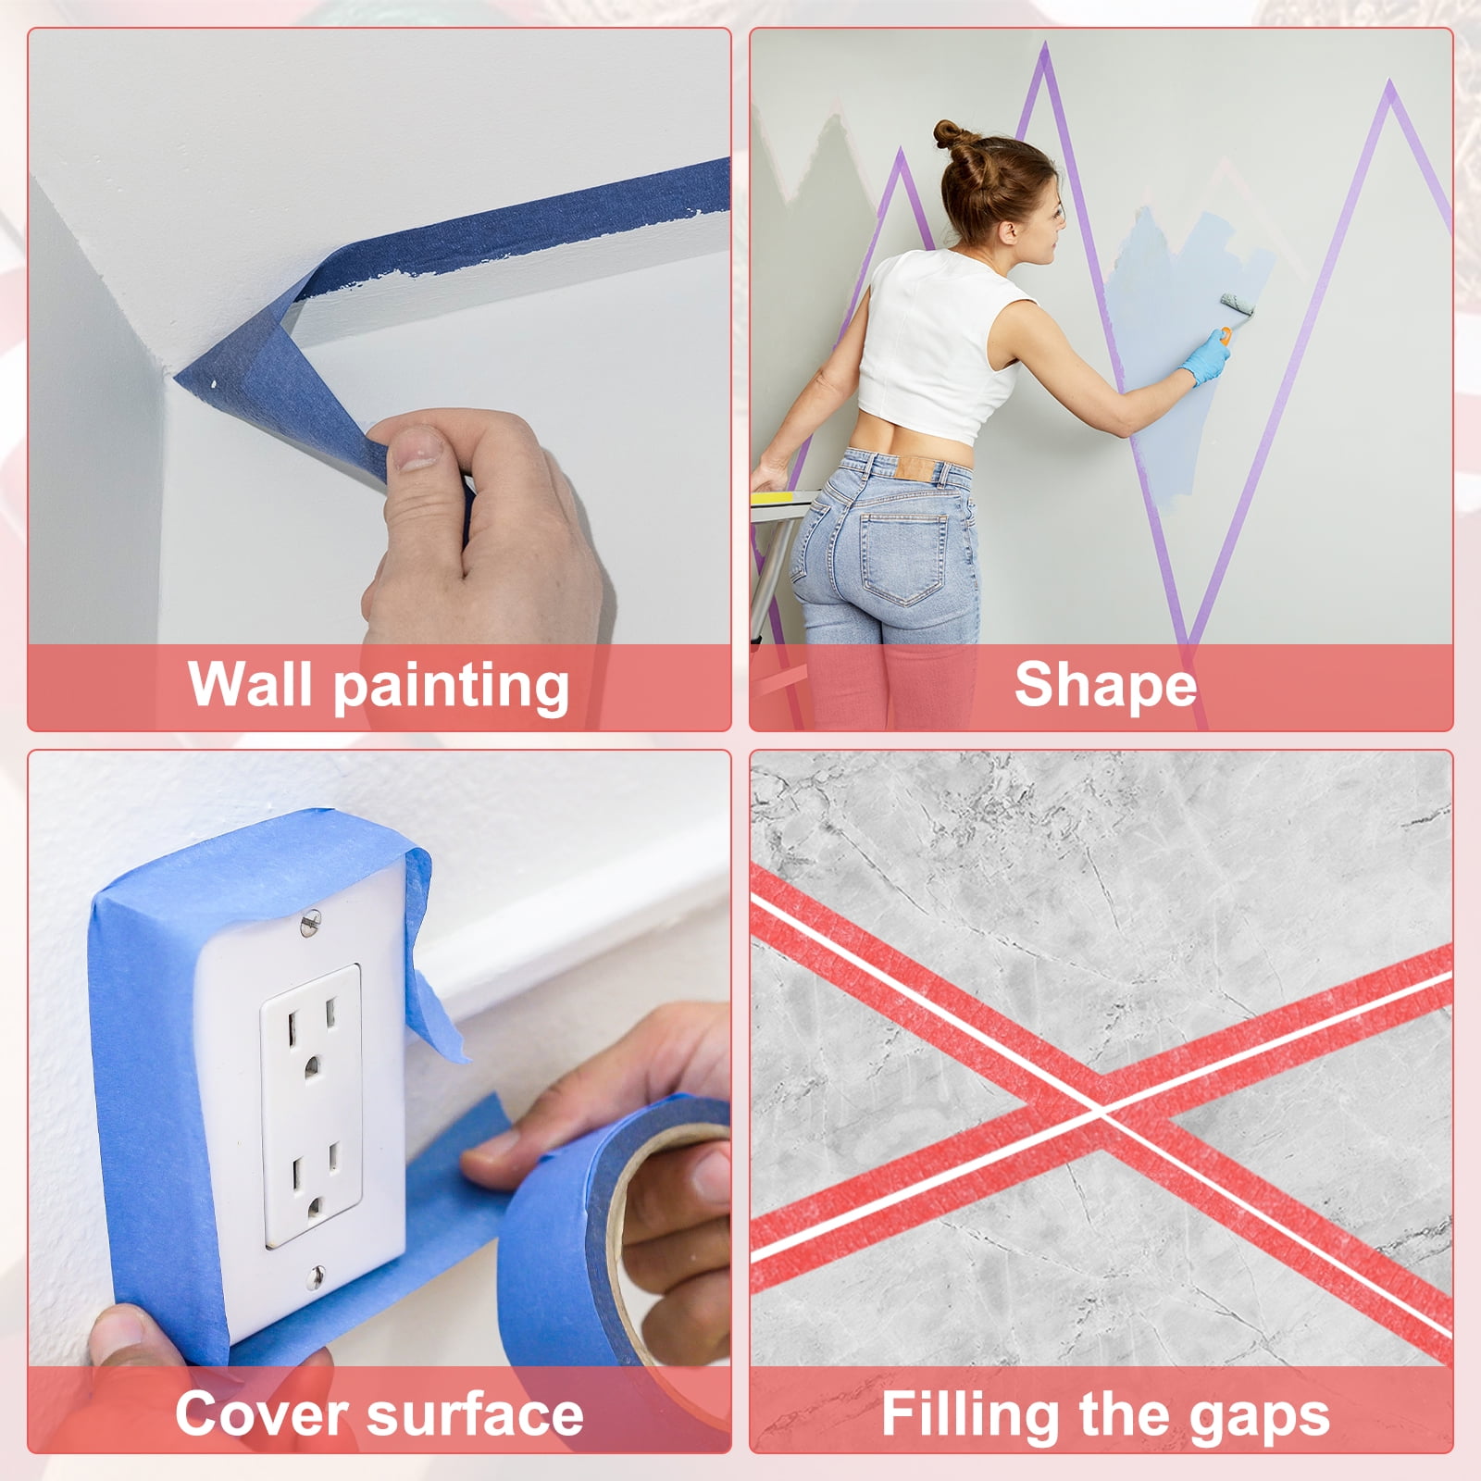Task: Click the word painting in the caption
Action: tap(451, 687)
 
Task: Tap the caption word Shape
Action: tap(1105, 687)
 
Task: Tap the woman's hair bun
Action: tap(953, 135)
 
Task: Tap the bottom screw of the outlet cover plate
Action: tap(315, 1277)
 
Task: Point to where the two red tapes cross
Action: tap(1101, 1114)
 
